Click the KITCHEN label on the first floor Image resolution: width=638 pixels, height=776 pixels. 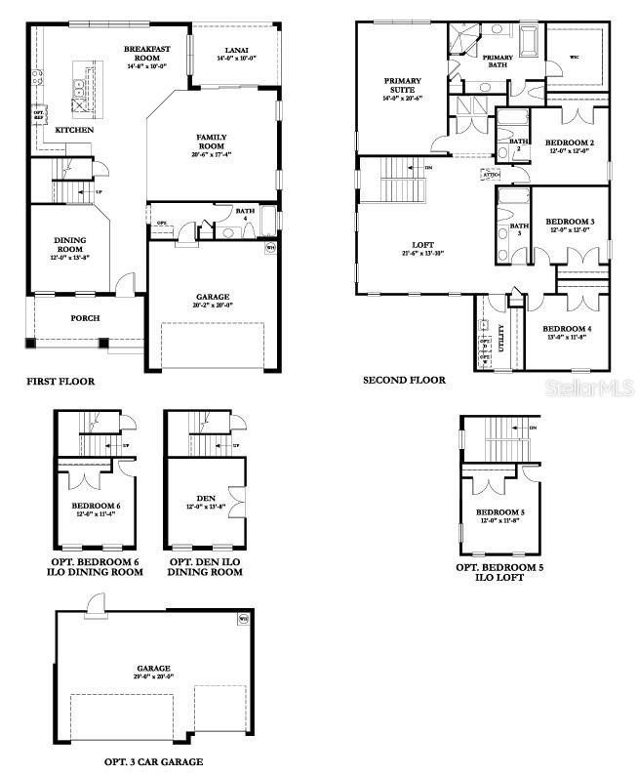pos(74,130)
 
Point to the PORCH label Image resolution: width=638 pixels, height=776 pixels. pos(84,317)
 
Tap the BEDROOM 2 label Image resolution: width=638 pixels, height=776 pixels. pos(570,143)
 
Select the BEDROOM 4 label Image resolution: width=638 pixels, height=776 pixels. pos(566,329)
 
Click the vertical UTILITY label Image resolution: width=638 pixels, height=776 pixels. pos(501,338)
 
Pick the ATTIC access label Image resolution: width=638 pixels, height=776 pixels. pos(490,175)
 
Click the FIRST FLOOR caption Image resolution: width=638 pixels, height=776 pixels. pos(60,381)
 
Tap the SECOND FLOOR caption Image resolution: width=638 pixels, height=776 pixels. pos(404,380)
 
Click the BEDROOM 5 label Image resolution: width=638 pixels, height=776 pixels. pos(498,512)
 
